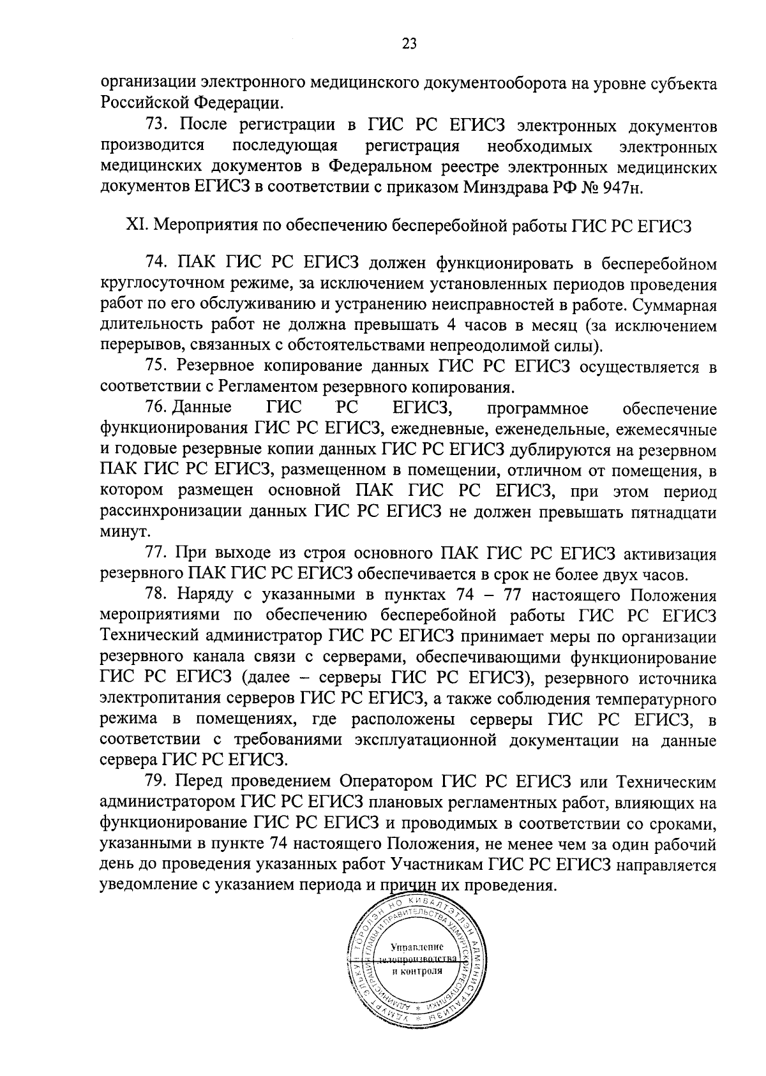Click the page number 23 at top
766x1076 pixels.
pyautogui.click(x=409, y=43)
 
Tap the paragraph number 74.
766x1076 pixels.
pyautogui.click(x=156, y=264)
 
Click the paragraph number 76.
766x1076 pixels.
pyautogui.click(x=155, y=408)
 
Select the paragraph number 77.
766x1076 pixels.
pyautogui.click(x=156, y=552)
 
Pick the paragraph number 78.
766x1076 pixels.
pyautogui.click(x=156, y=595)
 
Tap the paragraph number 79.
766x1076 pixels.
pyautogui.click(x=156, y=781)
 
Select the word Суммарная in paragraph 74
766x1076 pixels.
pyautogui.click(x=673, y=305)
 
